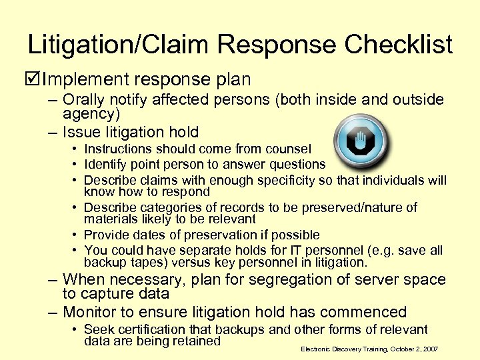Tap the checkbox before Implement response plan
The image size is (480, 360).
point(33,80)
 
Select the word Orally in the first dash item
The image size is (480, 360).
point(84,99)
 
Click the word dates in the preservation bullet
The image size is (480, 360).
point(150,235)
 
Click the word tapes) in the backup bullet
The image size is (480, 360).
point(144,263)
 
